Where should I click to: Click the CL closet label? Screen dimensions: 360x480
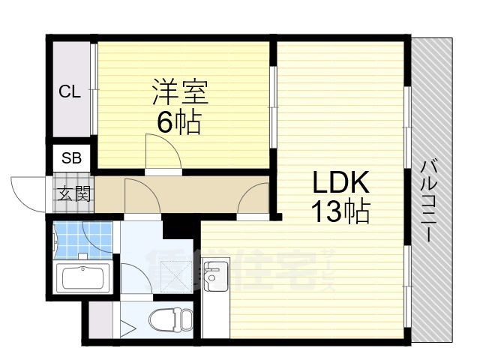pos(70,92)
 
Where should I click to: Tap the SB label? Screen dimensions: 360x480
pos(72,157)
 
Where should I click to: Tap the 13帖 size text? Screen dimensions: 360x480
pos(340,214)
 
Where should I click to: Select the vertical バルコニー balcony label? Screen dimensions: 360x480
pos(429,199)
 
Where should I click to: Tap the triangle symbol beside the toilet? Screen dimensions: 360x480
pos(127,328)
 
